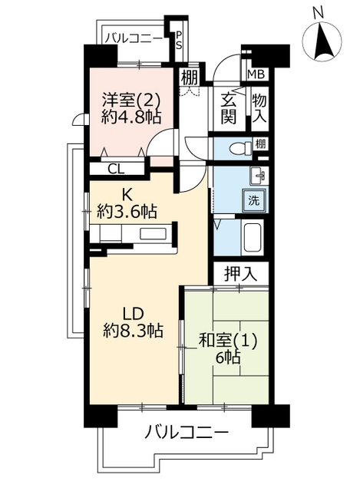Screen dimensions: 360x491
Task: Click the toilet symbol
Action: [x=240, y=147]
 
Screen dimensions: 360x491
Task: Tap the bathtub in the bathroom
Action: [x=253, y=237]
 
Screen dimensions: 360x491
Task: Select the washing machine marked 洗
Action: [x=254, y=199]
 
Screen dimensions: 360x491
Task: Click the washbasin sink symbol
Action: [x=259, y=176]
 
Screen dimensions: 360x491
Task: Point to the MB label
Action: [x=256, y=74]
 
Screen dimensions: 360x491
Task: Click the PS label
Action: [x=178, y=41]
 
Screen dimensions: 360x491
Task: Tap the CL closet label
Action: [x=116, y=170]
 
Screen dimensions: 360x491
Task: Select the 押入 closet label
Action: [x=240, y=275]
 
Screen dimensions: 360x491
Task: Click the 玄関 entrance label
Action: [x=228, y=109]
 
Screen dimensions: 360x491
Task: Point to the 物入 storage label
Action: [x=259, y=108]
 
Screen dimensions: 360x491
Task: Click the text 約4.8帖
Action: [x=131, y=117]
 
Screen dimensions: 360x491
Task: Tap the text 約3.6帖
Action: [x=127, y=212]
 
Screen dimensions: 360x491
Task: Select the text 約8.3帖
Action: [x=133, y=330]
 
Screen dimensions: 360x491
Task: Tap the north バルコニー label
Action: [x=134, y=39]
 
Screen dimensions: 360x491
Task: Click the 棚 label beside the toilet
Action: [x=260, y=144]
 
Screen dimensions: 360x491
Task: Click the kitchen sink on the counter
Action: [x=153, y=234]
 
